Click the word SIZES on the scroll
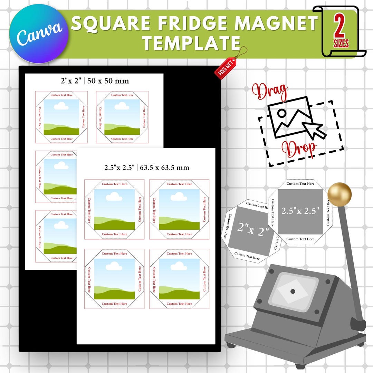click(x=341, y=44)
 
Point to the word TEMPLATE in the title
click(x=192, y=43)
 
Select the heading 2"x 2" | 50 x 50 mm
click(x=94, y=81)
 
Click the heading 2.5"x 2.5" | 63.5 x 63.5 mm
click(x=147, y=168)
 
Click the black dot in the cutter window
click(x=293, y=291)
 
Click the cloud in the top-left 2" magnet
click(x=61, y=106)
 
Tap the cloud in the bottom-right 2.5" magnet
click(x=179, y=266)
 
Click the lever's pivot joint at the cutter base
click(x=358, y=324)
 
